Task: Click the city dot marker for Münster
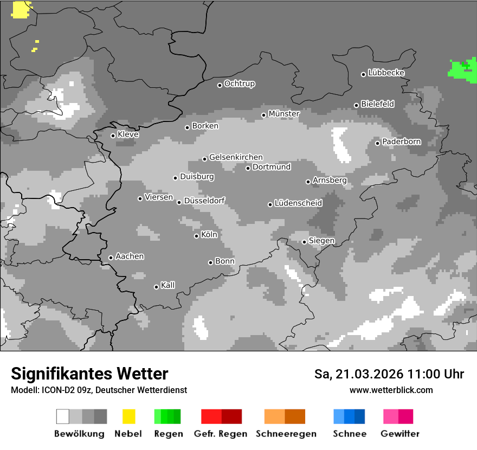264,115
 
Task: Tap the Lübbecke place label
386,73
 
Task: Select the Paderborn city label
401,142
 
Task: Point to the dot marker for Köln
196,236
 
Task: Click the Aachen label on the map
130,256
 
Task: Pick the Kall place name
167,285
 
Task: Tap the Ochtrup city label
239,83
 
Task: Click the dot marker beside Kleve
113,136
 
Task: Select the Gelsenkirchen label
236,157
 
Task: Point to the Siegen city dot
304,242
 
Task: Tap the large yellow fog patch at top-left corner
21,9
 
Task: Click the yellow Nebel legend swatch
128,416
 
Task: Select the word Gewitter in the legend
400,434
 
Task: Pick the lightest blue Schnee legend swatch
339,416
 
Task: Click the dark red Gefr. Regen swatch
231,416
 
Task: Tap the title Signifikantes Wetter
89,374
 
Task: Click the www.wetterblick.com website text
391,390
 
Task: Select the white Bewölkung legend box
63,416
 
